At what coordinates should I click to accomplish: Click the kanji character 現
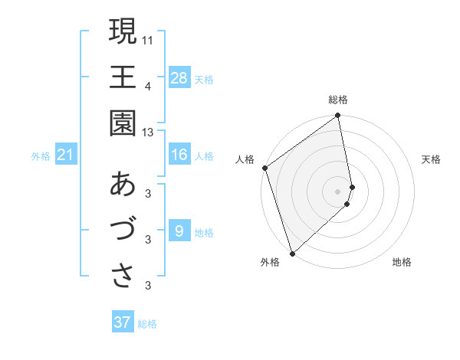pyautogui.click(x=123, y=32)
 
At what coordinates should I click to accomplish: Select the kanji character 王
pyautogui.click(x=123, y=78)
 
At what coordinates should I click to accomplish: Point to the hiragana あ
pyautogui.click(x=123, y=185)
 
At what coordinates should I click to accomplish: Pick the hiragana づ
pyautogui.click(x=123, y=230)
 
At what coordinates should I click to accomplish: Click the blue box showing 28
pyautogui.click(x=179, y=78)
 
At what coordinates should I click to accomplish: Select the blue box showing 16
pyautogui.click(x=179, y=155)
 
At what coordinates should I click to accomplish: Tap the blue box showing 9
pyautogui.click(x=179, y=231)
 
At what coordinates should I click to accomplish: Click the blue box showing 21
pyautogui.click(x=66, y=155)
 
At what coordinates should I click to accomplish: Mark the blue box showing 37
pyautogui.click(x=122, y=322)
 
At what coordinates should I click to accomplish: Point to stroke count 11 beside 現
pyautogui.click(x=148, y=38)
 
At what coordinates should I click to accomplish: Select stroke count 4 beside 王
pyautogui.click(x=148, y=85)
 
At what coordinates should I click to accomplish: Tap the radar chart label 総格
pyautogui.click(x=338, y=100)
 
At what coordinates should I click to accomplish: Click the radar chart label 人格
pyautogui.click(x=245, y=159)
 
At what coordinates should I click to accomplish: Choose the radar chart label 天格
pyautogui.click(x=432, y=159)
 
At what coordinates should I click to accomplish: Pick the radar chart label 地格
pyautogui.click(x=402, y=263)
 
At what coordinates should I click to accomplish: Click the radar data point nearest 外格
pyautogui.click(x=292, y=253)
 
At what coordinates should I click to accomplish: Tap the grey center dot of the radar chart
pyautogui.click(x=338, y=191)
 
